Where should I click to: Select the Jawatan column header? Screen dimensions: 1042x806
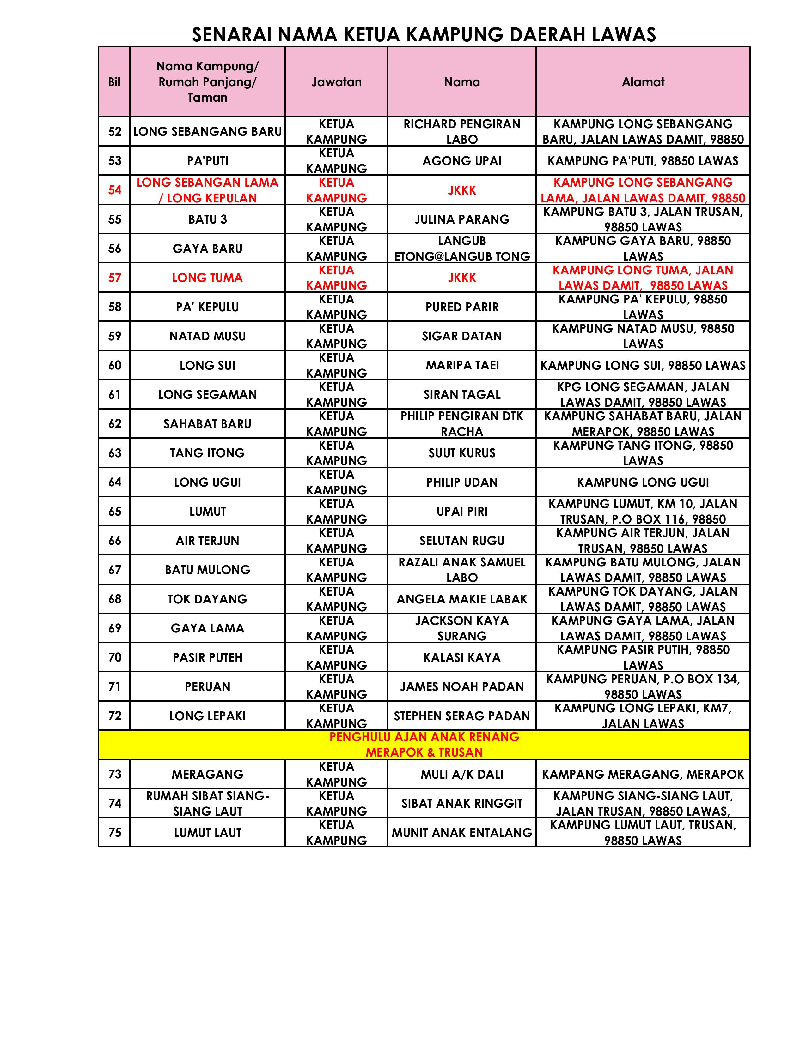[x=336, y=82]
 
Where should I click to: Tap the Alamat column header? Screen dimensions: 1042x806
[x=643, y=82]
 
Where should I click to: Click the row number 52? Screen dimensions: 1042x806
[x=115, y=132]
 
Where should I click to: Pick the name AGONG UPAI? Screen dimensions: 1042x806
[x=462, y=161]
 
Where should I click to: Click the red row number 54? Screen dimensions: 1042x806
[x=115, y=190]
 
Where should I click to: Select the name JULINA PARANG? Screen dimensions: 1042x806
[x=462, y=219]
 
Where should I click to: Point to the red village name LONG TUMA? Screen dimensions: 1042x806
[x=207, y=278]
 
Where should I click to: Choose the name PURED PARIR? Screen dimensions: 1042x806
[x=462, y=307]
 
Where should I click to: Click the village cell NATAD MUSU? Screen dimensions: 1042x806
[x=207, y=336]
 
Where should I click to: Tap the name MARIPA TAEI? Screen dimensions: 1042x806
[x=462, y=365]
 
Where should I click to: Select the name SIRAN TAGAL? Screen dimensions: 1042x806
[x=462, y=395]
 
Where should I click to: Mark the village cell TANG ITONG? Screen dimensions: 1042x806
[x=207, y=453]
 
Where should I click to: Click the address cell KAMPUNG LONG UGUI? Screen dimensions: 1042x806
[x=643, y=482]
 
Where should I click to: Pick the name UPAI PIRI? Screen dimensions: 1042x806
[x=462, y=512]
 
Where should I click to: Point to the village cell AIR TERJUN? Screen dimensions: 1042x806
[x=207, y=541]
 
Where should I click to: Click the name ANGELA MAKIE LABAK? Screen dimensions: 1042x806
[x=462, y=599]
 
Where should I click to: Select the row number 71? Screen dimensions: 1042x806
[x=115, y=686]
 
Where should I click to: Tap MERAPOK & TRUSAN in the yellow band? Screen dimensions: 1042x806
[x=424, y=752]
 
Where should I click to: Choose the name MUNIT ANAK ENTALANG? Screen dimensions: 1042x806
[x=462, y=833]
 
